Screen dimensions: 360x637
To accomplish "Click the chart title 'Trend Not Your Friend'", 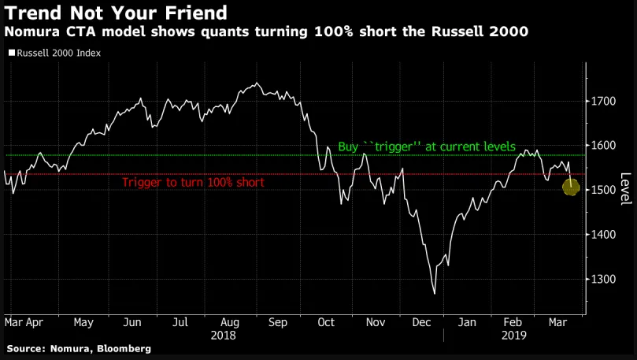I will tap(117, 13).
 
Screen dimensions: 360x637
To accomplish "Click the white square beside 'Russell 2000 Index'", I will tap(11, 54).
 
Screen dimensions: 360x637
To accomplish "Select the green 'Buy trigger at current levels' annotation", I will tap(426, 147).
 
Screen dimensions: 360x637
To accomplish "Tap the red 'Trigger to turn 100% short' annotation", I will tap(193, 182).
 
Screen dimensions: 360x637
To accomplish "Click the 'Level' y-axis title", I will tap(626, 189).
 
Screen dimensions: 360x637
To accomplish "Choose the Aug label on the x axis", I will tap(230, 322).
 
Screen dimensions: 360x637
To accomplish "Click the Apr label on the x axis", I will tap(35, 322).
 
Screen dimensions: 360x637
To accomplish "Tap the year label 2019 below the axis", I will tap(515, 335).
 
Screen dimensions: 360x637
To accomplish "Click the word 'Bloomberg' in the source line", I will tap(120, 347).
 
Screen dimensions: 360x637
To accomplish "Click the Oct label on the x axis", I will tap(326, 322).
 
